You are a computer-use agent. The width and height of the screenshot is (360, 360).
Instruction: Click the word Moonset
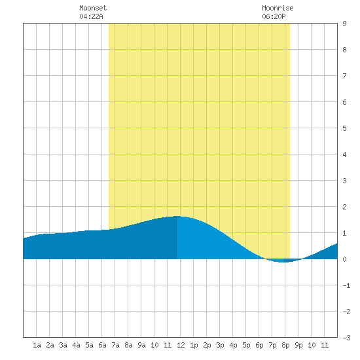(93, 8)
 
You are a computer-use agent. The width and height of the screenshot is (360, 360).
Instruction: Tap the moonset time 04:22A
(91, 16)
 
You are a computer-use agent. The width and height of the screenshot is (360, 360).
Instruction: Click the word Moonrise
(278, 8)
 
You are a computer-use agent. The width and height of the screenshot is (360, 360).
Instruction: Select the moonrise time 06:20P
(274, 16)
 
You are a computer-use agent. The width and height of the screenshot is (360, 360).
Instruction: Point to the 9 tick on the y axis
(344, 24)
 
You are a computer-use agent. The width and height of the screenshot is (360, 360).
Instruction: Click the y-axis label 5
(344, 128)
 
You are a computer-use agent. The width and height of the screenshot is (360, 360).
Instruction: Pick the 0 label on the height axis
(344, 259)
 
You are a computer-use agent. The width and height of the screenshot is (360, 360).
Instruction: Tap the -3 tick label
(346, 338)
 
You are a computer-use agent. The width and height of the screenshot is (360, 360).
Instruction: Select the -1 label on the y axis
(346, 285)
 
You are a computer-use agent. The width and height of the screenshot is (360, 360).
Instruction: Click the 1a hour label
(37, 345)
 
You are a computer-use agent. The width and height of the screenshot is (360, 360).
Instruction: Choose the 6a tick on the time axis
(102, 345)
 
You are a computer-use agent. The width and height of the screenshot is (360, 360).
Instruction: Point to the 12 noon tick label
(181, 345)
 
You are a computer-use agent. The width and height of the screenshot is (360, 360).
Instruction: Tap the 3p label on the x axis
(220, 345)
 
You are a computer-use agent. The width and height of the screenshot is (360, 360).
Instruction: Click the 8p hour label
(285, 345)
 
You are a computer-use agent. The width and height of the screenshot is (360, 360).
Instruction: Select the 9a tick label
(141, 345)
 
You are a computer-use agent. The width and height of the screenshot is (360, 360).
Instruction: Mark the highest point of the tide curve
(177, 216)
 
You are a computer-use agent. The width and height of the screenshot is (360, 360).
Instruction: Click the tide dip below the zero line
(284, 261)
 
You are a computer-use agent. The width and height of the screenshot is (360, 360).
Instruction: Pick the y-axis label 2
(344, 207)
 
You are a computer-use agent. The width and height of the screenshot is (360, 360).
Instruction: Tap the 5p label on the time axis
(246, 345)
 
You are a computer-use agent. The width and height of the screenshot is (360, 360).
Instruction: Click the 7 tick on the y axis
(344, 76)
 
